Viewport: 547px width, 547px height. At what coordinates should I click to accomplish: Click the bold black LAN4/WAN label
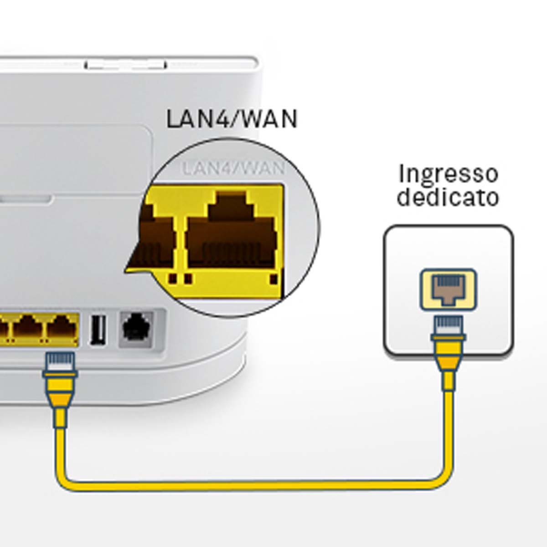(x=232, y=119)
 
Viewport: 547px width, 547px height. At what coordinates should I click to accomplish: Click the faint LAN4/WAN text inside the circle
(x=232, y=168)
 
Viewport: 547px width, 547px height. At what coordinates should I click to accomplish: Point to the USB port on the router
(x=98, y=330)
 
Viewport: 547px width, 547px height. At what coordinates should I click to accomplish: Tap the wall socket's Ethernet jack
(x=449, y=289)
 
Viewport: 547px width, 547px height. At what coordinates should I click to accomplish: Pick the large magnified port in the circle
(x=232, y=229)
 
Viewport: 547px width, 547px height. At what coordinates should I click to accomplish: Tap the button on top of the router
(x=126, y=65)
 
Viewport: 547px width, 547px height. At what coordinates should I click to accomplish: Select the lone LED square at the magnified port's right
(x=274, y=279)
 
